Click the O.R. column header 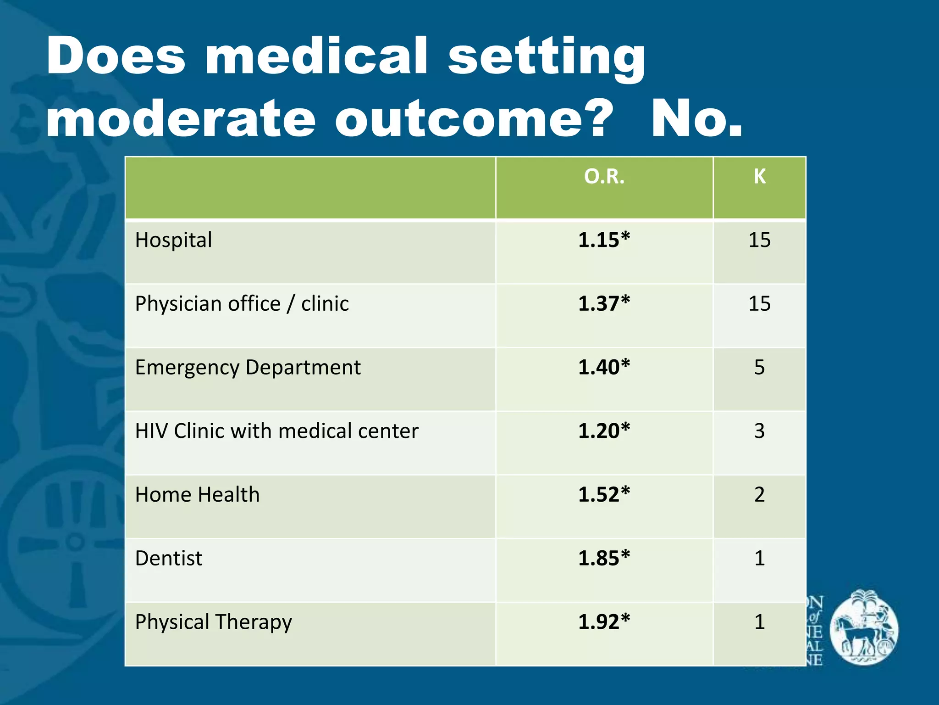click(604, 177)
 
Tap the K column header click(759, 177)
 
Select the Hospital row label click(173, 240)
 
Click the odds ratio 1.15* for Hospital click(604, 240)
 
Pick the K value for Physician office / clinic click(759, 304)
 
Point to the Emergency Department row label click(248, 368)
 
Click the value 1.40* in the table click(604, 368)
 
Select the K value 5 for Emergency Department click(759, 368)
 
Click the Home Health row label click(197, 495)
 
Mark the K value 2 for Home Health click(759, 495)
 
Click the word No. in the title click(697, 118)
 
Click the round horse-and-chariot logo click(864, 627)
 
